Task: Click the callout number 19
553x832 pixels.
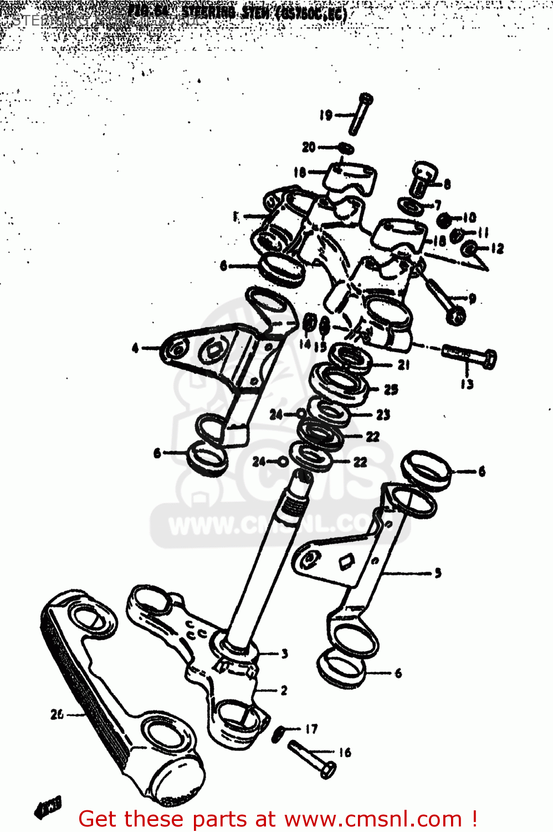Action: pyautogui.click(x=325, y=115)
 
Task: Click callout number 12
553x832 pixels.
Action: pyautogui.click(x=497, y=248)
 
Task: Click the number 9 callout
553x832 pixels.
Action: pyautogui.click(x=472, y=299)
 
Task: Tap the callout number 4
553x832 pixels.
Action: pyautogui.click(x=135, y=348)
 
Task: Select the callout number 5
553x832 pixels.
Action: pyautogui.click(x=438, y=573)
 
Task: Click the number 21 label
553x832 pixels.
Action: pyautogui.click(x=403, y=364)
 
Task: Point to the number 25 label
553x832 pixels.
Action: pyautogui.click(x=391, y=389)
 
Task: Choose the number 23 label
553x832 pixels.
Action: pyautogui.click(x=383, y=414)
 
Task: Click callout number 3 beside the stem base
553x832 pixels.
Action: pyautogui.click(x=284, y=653)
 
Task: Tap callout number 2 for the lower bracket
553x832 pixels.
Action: pyautogui.click(x=284, y=690)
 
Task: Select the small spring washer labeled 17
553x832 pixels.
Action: pyautogui.click(x=280, y=734)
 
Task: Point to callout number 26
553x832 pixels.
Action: pyautogui.click(x=57, y=714)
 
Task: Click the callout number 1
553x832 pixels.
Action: pyautogui.click(x=236, y=216)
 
